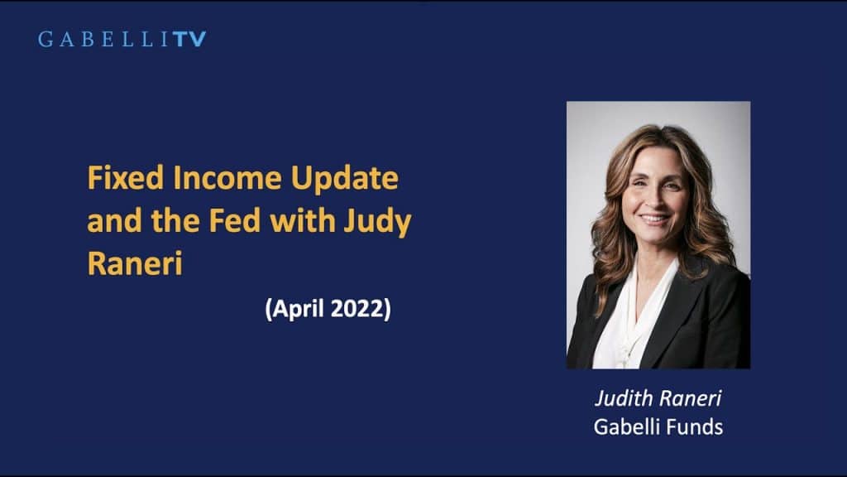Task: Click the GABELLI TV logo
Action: [x=122, y=39]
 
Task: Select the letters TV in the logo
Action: [x=190, y=39]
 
